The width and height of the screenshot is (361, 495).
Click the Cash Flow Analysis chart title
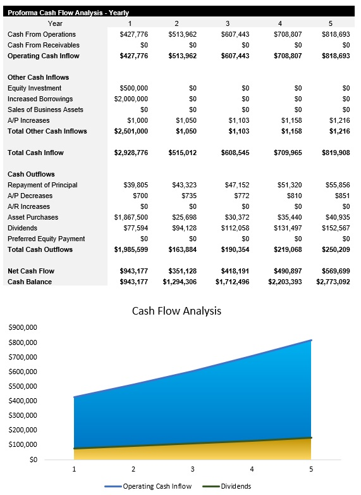point(176,311)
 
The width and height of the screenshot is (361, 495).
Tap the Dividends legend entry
point(235,486)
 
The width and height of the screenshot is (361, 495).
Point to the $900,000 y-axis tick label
point(22,327)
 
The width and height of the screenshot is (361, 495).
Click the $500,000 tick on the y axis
point(22,386)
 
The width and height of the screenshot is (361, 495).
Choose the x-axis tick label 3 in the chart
point(192,469)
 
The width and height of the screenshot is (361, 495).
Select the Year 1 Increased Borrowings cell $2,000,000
point(131,99)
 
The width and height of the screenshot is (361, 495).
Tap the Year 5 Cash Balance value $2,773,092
point(333,282)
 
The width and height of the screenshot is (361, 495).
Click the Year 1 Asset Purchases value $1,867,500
point(132,217)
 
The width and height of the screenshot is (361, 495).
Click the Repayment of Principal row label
point(42,185)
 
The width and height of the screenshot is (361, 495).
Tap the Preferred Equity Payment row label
point(46,239)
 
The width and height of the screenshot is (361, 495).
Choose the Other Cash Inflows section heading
point(38,77)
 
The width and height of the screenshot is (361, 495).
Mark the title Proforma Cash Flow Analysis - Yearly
point(68,12)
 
